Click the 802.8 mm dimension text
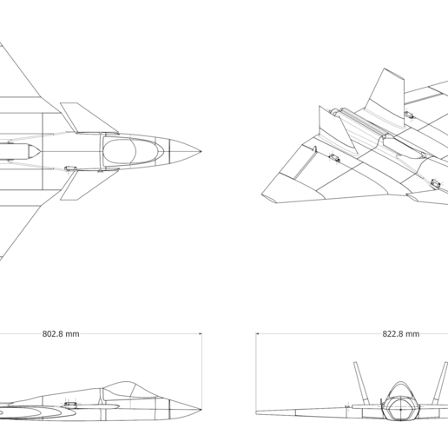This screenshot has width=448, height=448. [60, 333]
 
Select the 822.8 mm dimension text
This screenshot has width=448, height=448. [400, 333]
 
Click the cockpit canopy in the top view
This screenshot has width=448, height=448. [132, 151]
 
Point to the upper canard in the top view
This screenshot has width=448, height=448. [83, 118]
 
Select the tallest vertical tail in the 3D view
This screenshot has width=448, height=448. [387, 90]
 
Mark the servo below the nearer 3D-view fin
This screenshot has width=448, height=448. [333, 158]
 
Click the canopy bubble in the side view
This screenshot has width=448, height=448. [122, 388]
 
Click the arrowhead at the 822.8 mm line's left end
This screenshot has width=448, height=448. [260, 333]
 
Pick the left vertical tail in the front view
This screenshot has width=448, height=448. [359, 382]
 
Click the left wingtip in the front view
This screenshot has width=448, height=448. [259, 412]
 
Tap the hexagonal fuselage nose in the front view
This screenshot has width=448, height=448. [400, 408]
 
